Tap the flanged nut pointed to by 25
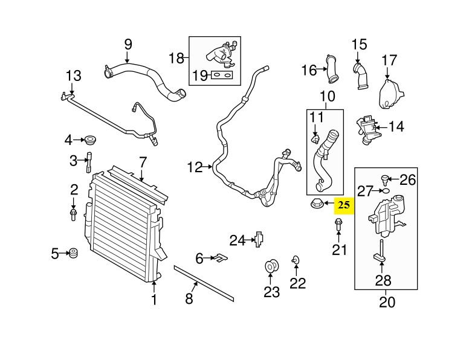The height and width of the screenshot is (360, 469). pos(315,206)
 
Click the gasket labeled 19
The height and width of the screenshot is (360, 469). pos(222,76)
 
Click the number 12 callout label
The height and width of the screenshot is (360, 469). pos(195,167)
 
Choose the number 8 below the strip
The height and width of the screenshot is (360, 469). pos(189,298)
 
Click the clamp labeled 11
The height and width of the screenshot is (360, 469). pos(315,139)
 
